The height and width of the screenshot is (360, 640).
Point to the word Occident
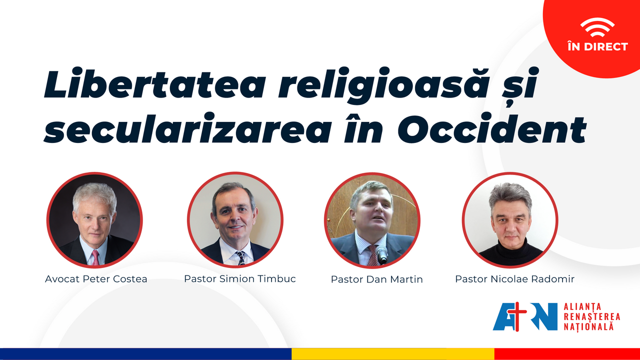point(492,128)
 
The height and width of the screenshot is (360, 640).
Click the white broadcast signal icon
point(597,27)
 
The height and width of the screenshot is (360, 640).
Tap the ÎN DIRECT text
point(597,46)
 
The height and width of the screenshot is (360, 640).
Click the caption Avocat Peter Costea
point(96,279)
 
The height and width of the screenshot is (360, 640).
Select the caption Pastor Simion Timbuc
point(239,278)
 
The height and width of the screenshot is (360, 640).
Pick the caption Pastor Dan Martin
point(376,279)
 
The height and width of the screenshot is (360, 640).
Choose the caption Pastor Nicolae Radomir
point(514,279)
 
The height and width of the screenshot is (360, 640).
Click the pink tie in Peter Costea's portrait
point(95,257)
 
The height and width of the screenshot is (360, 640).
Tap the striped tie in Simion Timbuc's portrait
point(240,258)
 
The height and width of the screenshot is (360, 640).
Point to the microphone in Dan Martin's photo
point(381,254)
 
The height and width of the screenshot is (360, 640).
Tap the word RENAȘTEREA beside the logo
point(591,317)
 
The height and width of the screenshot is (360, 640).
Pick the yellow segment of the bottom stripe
point(393,354)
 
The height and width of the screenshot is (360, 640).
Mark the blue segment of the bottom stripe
point(145,354)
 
